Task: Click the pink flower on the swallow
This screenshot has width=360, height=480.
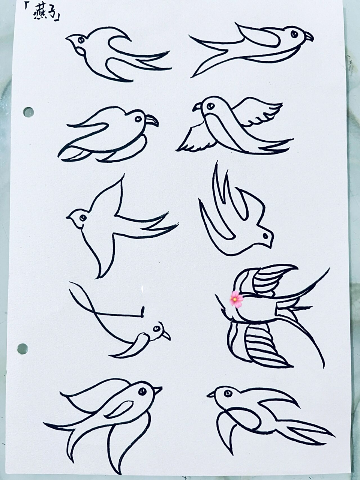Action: (237, 299)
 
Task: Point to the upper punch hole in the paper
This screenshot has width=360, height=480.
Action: (28, 111)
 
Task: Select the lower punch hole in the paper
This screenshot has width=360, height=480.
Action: (22, 348)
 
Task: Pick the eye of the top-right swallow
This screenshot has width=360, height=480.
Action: (294, 34)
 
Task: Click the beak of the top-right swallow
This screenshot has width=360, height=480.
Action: (309, 36)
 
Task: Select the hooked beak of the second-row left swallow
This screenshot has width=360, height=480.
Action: (152, 120)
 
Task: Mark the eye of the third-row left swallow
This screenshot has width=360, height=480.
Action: (82, 217)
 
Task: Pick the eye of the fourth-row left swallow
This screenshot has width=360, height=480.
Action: (156, 328)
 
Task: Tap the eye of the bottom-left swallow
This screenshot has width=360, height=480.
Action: (142, 391)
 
